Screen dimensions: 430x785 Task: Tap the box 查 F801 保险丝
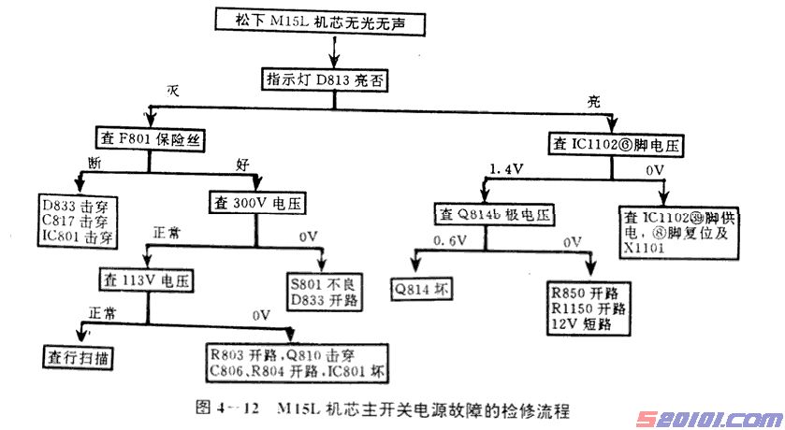click(151, 141)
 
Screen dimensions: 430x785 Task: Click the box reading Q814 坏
click(423, 288)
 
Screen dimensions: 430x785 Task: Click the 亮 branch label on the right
click(593, 100)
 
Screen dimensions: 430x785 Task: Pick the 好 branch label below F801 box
click(242, 165)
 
